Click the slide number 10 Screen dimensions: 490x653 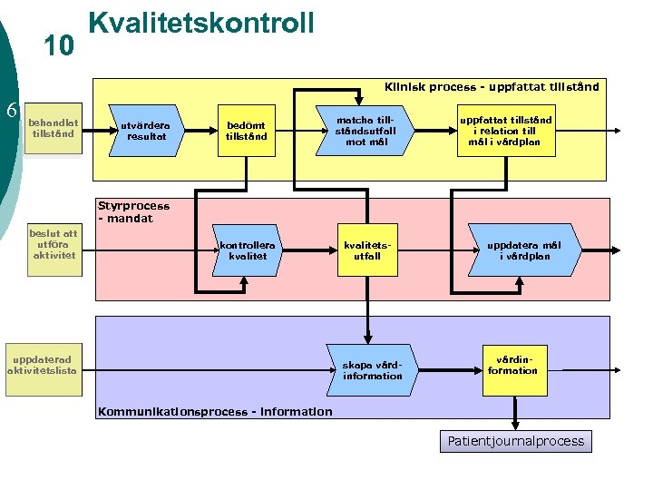pos(59,46)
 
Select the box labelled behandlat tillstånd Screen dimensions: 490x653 pos(54,128)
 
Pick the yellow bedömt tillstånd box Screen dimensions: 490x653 pos(247,131)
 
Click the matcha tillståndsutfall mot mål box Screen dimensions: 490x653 pos(365,131)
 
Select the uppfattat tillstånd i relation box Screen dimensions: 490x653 pos(505,131)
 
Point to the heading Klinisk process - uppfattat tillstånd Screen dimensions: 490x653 pos(491,87)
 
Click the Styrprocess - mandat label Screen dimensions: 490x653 pos(133,212)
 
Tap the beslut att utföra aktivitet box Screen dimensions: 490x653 pos(54,245)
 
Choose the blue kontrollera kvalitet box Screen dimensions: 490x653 pos(248,250)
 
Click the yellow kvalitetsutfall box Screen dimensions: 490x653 pos(366,250)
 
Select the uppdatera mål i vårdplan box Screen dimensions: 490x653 pos(523,250)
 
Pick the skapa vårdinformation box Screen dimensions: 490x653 pos(372,369)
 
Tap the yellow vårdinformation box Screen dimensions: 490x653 pos(512,365)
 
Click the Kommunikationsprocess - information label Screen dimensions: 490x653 pos(215,412)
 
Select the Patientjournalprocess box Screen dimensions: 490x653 pos(516,442)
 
